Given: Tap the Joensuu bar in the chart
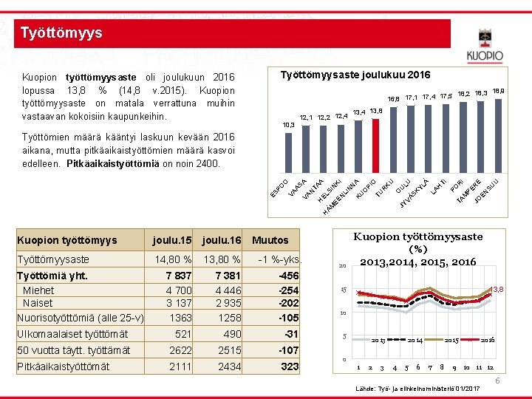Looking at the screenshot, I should click(x=498, y=133).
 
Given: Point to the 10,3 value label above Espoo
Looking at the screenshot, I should click(x=288, y=125).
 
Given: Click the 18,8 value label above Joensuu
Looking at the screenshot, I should click(x=499, y=90).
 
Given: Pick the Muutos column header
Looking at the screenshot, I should click(x=270, y=240).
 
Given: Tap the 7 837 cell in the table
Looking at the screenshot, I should click(x=177, y=276).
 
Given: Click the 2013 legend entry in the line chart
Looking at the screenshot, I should click(x=378, y=340).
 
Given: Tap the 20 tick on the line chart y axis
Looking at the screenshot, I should click(x=342, y=266).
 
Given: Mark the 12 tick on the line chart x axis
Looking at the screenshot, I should click(x=490, y=367).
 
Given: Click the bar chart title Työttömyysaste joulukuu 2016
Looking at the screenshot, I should click(x=356, y=75).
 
